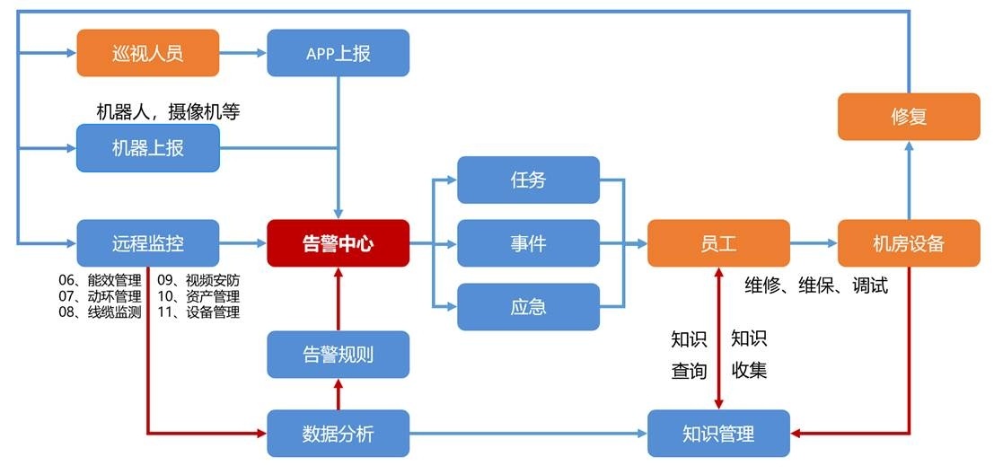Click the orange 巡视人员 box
[x=148, y=52]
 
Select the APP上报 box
[x=338, y=52]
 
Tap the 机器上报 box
[x=148, y=147]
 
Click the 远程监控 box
[x=148, y=242]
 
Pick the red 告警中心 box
[x=338, y=242]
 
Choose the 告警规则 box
[x=338, y=354]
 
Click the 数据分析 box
[x=338, y=434]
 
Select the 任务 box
[x=528, y=180]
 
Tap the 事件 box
[x=528, y=242]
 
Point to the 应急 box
[x=528, y=306]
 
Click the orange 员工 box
[x=718, y=242]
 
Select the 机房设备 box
[x=909, y=242]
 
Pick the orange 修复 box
[x=909, y=117]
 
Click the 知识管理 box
[x=718, y=434]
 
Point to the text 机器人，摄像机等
[x=168, y=112]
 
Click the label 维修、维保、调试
[x=816, y=285]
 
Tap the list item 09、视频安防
[x=198, y=279]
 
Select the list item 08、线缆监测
[x=100, y=312]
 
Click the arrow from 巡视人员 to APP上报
[x=243, y=52]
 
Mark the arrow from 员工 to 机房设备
[x=814, y=242]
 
